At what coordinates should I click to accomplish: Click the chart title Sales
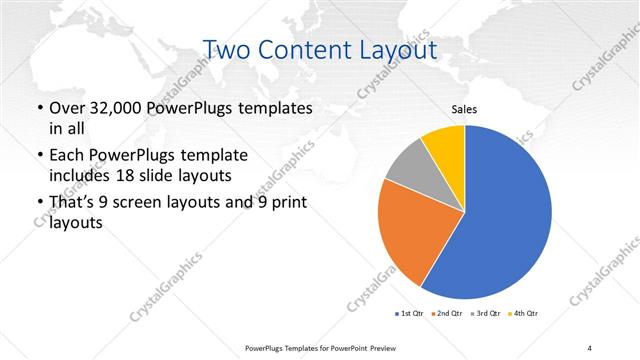point(465,109)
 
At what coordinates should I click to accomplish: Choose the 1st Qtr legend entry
point(410,314)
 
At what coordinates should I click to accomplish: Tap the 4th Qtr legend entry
point(526,314)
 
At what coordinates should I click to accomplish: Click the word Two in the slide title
point(226,49)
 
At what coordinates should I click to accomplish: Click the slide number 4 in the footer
point(590,348)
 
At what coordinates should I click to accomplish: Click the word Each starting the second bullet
point(66,155)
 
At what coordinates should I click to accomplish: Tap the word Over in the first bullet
point(66,107)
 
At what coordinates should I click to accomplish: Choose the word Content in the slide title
point(301,49)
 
